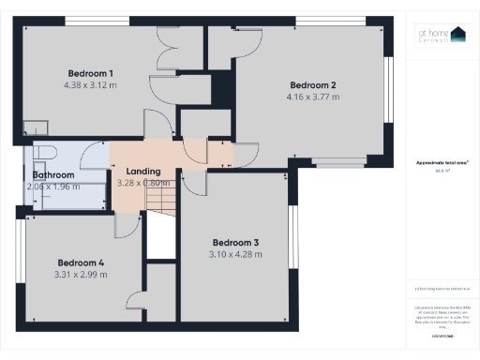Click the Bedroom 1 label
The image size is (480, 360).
(91, 73)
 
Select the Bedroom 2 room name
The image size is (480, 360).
(313, 85)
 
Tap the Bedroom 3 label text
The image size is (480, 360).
(235, 242)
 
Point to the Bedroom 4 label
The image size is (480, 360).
(82, 262)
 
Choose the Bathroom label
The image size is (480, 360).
(53, 174)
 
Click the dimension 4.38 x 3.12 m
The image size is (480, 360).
(91, 85)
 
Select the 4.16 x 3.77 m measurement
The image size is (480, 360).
(313, 97)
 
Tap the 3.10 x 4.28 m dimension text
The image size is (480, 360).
(235, 254)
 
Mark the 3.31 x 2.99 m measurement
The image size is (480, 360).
(82, 275)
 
